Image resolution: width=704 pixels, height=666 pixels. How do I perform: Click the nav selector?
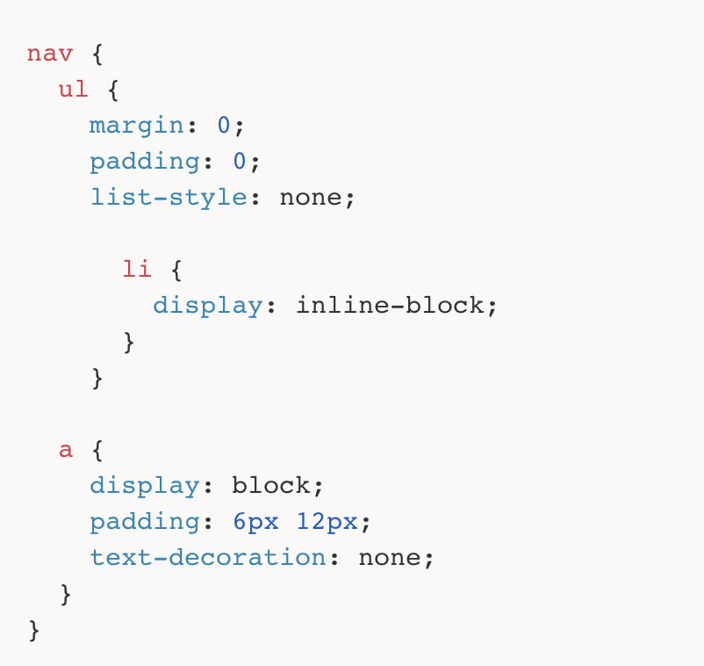[x=50, y=54]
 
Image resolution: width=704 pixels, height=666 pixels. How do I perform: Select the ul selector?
[x=74, y=90]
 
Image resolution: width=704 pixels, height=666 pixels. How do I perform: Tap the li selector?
[x=137, y=269]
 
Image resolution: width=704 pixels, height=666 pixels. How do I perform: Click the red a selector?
[x=66, y=450]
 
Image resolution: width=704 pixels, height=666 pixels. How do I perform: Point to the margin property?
[x=137, y=126]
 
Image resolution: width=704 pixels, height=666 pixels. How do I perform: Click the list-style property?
[x=169, y=197]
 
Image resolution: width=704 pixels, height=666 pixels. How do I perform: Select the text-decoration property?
[x=208, y=557]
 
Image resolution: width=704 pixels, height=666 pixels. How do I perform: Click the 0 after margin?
[x=224, y=126]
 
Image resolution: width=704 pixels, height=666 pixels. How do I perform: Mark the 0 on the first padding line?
[x=240, y=162]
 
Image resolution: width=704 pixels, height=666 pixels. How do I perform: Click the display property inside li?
[x=208, y=305]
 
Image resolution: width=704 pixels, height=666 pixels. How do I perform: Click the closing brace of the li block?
[x=129, y=342]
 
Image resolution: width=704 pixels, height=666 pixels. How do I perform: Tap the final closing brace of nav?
[x=34, y=630]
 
